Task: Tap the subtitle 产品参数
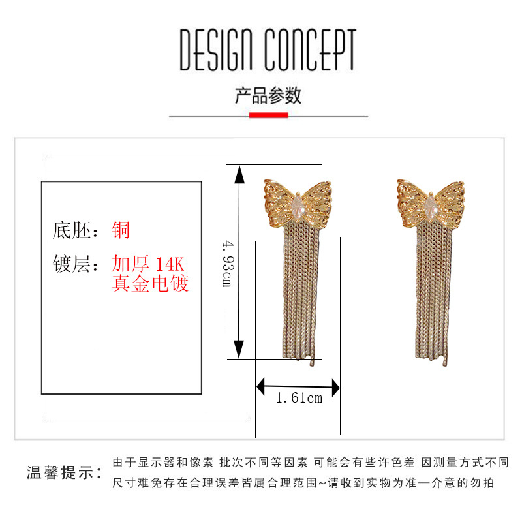268,95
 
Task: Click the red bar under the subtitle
268,115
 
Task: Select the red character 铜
121,230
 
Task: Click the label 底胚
70,230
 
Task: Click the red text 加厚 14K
149,264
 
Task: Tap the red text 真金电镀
150,284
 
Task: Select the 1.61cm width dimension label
299,398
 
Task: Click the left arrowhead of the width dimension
261,388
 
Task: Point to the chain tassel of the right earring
431,294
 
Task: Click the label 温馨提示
63,472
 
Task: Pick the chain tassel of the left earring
299,294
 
